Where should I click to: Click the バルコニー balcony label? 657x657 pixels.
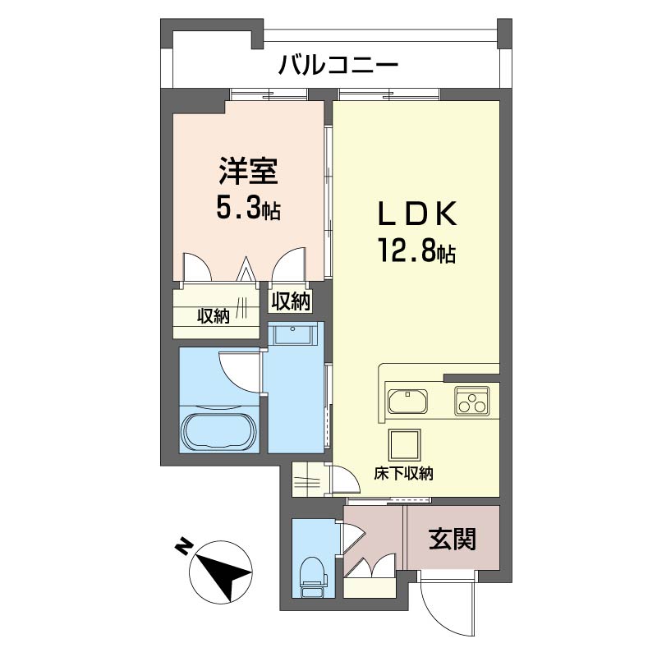click(338, 63)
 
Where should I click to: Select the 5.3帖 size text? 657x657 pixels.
click(248, 209)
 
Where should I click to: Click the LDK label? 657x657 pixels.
click(416, 215)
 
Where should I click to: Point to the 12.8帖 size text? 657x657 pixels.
click(416, 250)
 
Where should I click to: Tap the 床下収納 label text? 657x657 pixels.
click(404, 474)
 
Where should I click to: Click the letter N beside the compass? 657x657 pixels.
click(183, 545)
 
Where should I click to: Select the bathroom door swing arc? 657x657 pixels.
click(239, 370)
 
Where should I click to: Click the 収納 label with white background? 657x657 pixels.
click(290, 301)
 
